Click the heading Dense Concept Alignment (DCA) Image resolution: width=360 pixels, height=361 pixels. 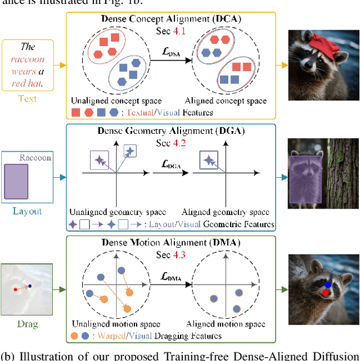(x=171, y=19)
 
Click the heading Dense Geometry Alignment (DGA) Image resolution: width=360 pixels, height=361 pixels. (x=171, y=132)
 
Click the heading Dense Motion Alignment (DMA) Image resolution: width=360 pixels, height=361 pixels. (x=171, y=243)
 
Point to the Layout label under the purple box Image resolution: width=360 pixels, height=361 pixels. (x=27, y=211)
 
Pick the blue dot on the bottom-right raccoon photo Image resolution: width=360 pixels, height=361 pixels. (x=328, y=285)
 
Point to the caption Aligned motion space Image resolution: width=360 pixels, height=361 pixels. (x=226, y=324)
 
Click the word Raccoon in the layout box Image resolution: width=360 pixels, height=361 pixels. (x=35, y=158)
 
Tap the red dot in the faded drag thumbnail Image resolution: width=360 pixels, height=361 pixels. (x=15, y=290)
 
